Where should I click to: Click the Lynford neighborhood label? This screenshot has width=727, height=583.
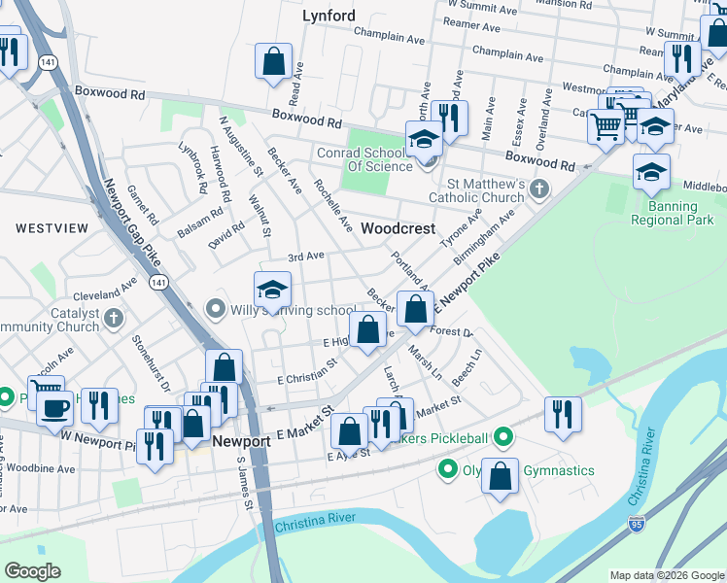tap(329, 16)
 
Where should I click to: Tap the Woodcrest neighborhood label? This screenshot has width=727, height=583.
tap(397, 228)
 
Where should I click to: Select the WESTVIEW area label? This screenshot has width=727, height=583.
tap(52, 227)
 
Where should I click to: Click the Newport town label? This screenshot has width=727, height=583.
tap(241, 441)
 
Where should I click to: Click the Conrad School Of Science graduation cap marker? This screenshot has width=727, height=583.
tap(424, 140)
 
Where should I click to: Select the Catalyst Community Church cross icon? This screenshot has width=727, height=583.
tap(114, 318)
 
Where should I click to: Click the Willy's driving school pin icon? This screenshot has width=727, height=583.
tap(216, 310)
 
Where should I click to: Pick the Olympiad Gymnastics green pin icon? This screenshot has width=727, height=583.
tap(448, 470)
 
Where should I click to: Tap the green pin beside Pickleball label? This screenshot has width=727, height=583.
tap(502, 437)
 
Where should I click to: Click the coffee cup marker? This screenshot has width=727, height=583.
tap(55, 405)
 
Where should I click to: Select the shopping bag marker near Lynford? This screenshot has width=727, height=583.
tap(274, 60)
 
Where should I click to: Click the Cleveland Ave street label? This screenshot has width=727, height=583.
tap(105, 291)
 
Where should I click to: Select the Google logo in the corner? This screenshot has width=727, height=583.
tap(32, 571)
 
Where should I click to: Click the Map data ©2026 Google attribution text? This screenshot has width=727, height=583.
tap(668, 575)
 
